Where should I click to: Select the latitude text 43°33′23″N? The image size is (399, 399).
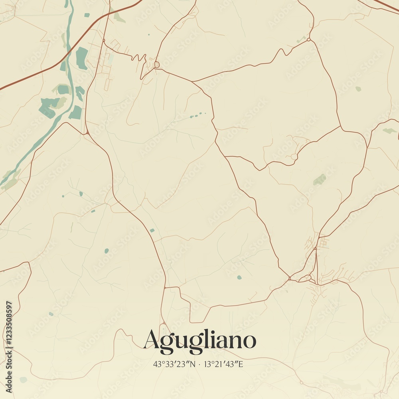(174, 364)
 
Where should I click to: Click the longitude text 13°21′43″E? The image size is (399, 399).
(223, 364)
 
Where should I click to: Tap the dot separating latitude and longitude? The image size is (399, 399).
(199, 364)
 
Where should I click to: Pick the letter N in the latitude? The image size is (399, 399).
(194, 364)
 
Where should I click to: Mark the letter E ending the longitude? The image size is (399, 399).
(241, 364)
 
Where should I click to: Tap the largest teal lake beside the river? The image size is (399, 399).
(81, 58)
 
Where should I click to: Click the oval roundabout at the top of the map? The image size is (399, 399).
(157, 64)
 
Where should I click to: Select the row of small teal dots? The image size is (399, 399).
(197, 115)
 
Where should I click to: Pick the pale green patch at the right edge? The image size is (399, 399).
(389, 130)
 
